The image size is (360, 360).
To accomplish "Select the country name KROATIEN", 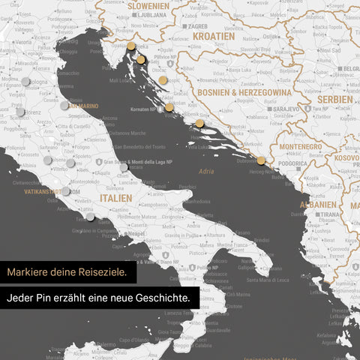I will pyautogui.click(x=213, y=36).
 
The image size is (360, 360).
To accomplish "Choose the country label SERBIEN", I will pyautogui.click(x=334, y=100).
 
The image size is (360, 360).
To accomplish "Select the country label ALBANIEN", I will pyautogui.click(x=318, y=204).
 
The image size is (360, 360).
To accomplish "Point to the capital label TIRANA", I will pyautogui.click(x=328, y=214).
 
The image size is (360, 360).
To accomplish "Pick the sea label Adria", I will pyautogui.click(x=207, y=172).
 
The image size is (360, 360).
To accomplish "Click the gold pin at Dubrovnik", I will pyautogui.click(x=260, y=160).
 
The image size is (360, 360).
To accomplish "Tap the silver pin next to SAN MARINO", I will pyautogui.click(x=64, y=106).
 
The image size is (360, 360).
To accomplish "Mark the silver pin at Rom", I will pyautogui.click(x=65, y=191).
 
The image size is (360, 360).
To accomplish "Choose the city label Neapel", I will pyautogui.click(x=136, y=234).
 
